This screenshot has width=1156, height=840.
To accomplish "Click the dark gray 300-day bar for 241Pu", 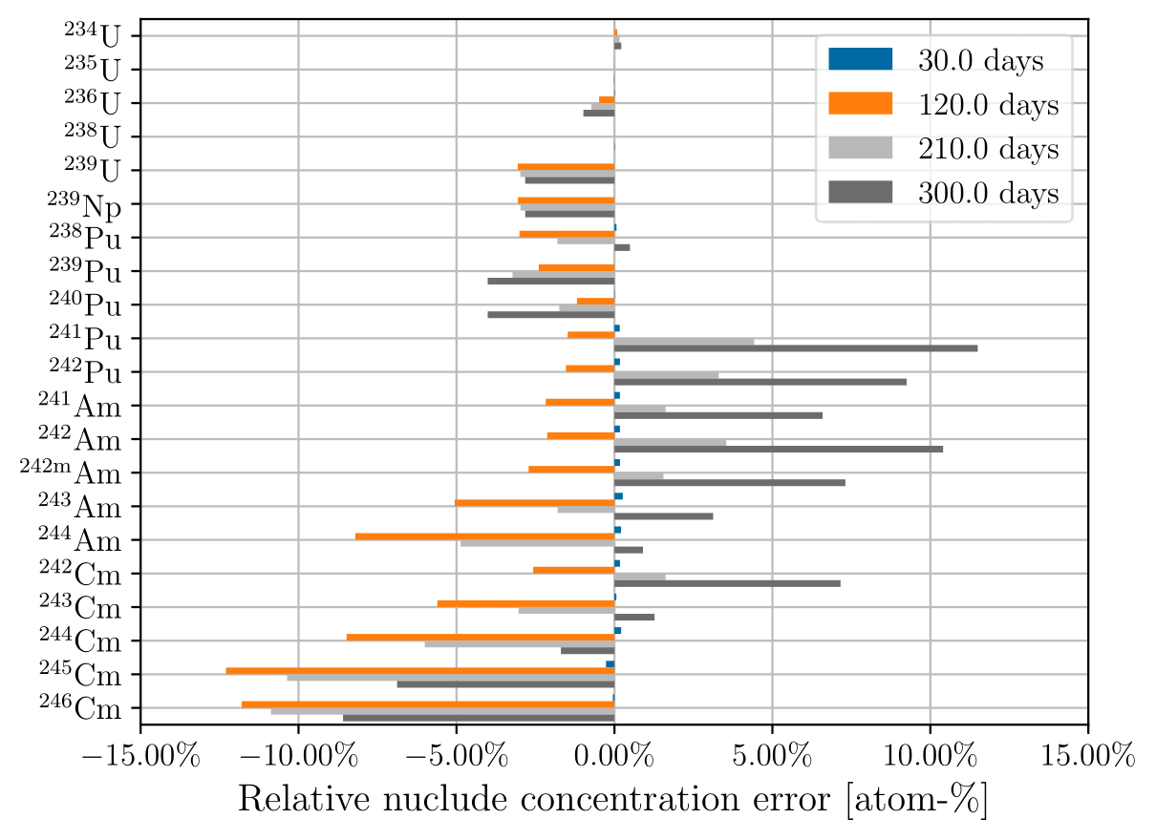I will coord(795,348).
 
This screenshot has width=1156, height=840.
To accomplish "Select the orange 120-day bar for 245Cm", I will coord(420,670).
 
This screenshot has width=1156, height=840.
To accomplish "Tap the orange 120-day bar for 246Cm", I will coord(428,704).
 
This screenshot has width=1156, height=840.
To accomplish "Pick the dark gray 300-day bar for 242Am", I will coord(778,449).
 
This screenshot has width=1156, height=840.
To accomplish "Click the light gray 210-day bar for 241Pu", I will coord(684,342).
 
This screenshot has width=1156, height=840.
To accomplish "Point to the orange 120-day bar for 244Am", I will coord(484,536).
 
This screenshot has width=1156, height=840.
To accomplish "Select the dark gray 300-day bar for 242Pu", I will coord(760,382).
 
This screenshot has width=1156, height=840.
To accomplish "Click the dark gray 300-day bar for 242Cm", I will coord(727,583).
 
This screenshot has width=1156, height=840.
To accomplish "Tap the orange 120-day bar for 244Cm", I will coord(481,637).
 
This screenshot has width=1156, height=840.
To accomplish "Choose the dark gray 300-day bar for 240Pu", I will coord(550,314).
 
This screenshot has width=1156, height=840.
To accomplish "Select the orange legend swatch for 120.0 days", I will coord(860,103).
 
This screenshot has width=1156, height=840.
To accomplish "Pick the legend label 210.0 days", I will coord(988,149).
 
